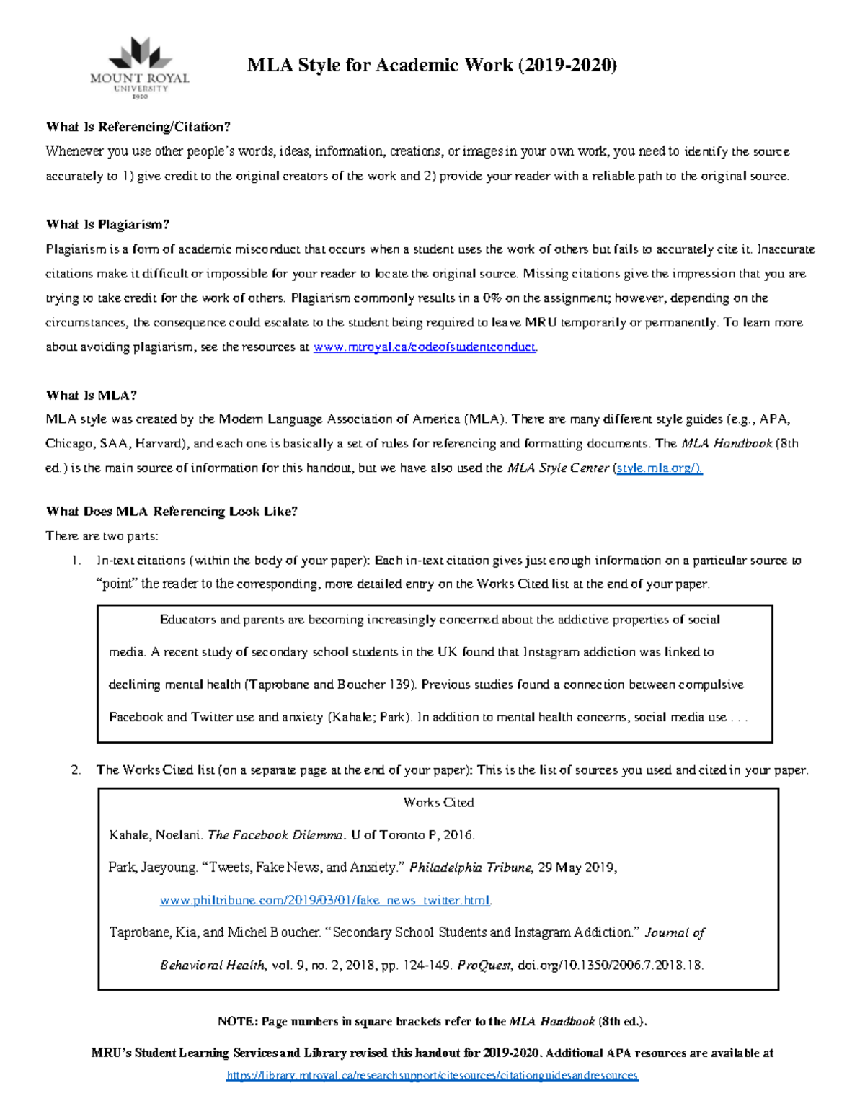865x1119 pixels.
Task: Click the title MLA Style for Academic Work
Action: [x=432, y=66]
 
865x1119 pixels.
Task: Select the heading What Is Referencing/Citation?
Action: [x=138, y=128]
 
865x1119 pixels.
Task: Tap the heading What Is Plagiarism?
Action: [x=107, y=225]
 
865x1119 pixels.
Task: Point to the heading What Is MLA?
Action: [x=91, y=396]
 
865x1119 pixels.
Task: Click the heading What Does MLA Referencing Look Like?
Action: [x=172, y=512]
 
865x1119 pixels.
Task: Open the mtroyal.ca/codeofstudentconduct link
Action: [x=425, y=347]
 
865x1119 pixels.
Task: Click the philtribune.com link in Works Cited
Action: [x=325, y=901]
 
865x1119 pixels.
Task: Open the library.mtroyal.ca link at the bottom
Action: [x=432, y=1076]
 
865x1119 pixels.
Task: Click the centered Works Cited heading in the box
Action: [x=438, y=803]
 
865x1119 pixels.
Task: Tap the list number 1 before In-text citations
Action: [x=76, y=561]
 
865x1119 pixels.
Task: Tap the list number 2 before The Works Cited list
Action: [x=76, y=770]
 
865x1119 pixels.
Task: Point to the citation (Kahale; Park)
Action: [x=370, y=718]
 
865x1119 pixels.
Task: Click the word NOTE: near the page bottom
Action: [x=237, y=1022]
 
